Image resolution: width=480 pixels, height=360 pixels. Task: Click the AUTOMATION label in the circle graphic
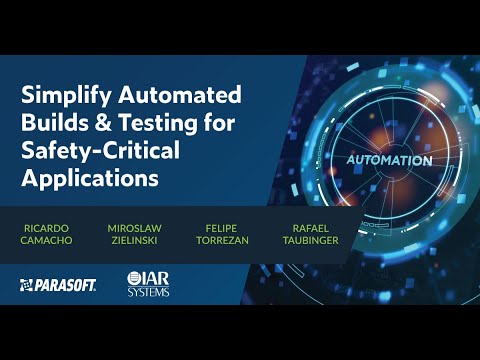tap(390, 161)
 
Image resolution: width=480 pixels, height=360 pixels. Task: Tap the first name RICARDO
tap(45, 228)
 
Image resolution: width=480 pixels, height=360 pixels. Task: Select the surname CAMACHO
tap(45, 241)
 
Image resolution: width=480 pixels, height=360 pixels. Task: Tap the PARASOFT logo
tap(57, 285)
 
